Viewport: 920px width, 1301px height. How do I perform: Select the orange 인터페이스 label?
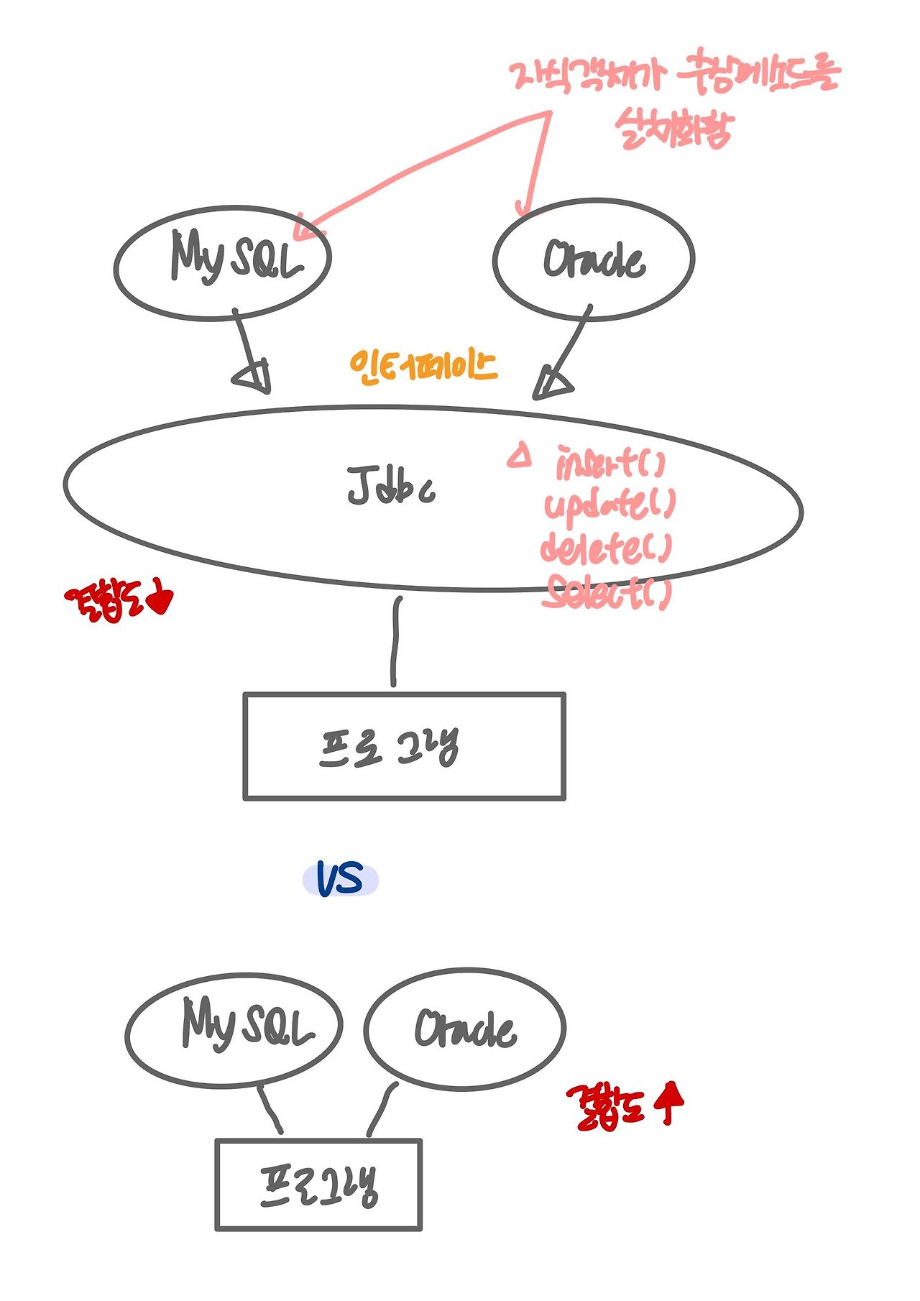423,367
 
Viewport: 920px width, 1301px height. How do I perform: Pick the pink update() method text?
609,505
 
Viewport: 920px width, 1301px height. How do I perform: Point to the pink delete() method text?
606,548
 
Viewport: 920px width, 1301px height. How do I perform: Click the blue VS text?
340,878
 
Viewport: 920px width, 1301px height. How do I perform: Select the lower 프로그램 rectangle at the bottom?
318,1184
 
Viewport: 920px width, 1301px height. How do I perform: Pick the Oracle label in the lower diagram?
465,1029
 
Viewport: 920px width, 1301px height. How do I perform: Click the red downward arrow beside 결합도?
161,599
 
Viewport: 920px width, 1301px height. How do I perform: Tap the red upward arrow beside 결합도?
670,1103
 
